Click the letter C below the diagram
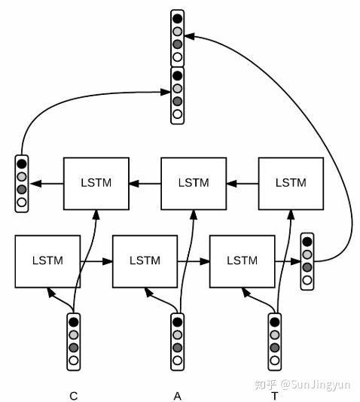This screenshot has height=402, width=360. click(x=73, y=395)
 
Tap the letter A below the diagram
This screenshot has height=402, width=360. click(x=178, y=395)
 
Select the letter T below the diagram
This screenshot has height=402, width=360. click(x=275, y=395)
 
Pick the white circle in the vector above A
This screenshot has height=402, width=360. click(x=178, y=361)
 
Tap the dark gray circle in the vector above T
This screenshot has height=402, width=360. click(x=276, y=348)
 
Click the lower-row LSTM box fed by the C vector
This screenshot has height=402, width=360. click(x=47, y=260)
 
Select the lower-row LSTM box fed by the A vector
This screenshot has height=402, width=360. click(x=145, y=260)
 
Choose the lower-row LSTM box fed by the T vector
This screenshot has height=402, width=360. click(x=242, y=260)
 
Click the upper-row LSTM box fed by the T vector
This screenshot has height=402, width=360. click(x=291, y=183)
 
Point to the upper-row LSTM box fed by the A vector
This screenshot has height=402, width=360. click(x=194, y=183)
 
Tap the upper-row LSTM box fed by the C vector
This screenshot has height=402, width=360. click(x=96, y=183)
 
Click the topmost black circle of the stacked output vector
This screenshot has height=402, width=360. click(x=177, y=18)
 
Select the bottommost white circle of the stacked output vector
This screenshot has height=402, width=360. click(x=177, y=114)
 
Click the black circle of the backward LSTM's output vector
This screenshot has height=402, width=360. click(x=21, y=163)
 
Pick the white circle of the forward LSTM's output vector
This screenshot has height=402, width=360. click(x=307, y=280)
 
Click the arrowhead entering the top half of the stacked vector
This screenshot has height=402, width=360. click(x=189, y=35)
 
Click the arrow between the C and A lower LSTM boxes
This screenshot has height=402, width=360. click(x=96, y=261)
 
